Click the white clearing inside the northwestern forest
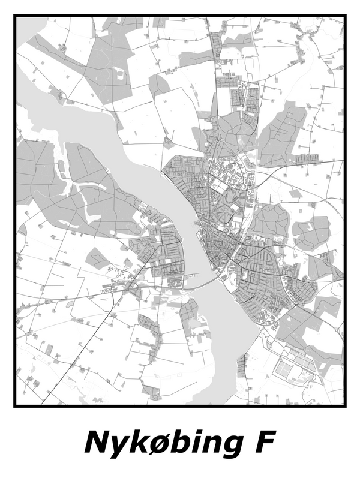pos(121,76)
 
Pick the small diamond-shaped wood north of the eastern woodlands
pos(295,194)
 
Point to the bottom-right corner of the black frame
pos(346,406)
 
